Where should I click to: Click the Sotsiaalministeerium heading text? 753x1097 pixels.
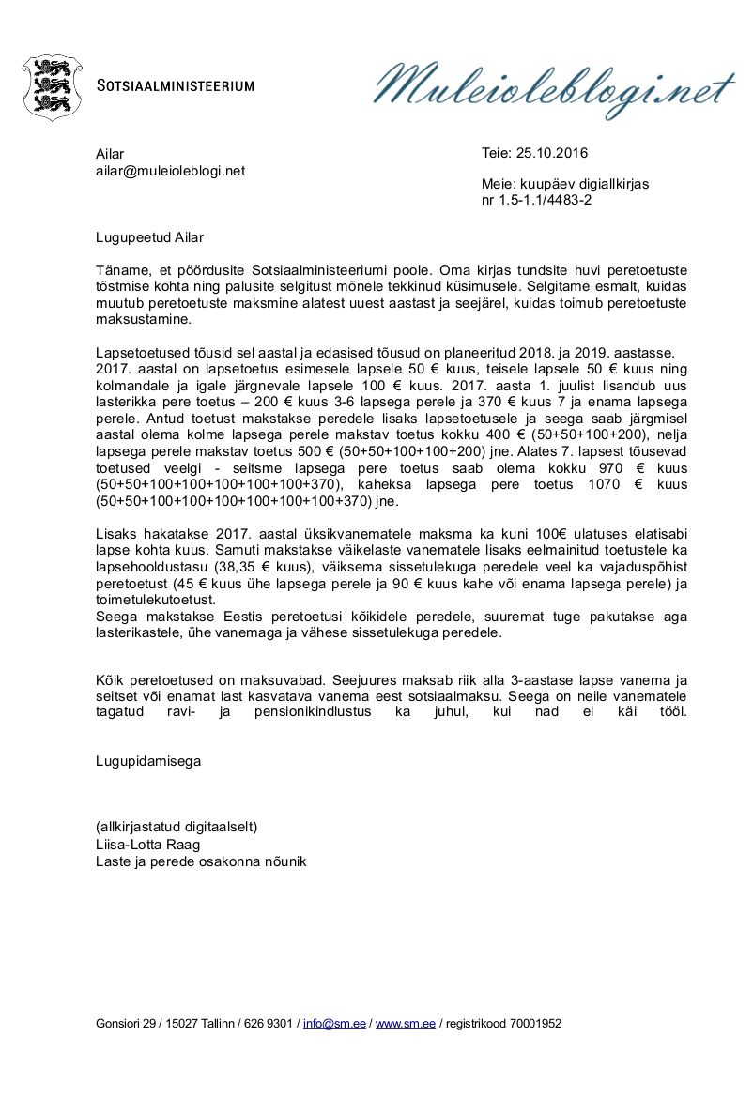177,85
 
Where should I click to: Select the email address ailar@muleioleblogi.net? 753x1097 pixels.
170,171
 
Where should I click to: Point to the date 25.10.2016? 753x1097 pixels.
552,154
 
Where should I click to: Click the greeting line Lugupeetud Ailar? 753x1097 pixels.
149,238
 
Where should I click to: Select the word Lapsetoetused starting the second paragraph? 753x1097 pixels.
139,353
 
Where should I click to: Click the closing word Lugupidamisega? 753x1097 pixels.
147,761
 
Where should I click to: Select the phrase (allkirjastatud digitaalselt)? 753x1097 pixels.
177,827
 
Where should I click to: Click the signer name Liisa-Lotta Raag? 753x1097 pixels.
147,845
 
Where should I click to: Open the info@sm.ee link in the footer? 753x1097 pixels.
334,1024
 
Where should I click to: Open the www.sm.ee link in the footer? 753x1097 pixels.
406,1024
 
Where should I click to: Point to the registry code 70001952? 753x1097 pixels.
535,1024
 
